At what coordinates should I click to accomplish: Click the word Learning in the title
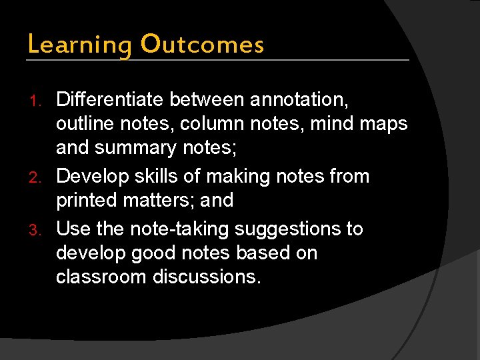pyautogui.click(x=79, y=45)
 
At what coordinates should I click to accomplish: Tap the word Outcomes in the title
pyautogui.click(x=202, y=45)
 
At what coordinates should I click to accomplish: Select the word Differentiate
pyautogui.click(x=110, y=100)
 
